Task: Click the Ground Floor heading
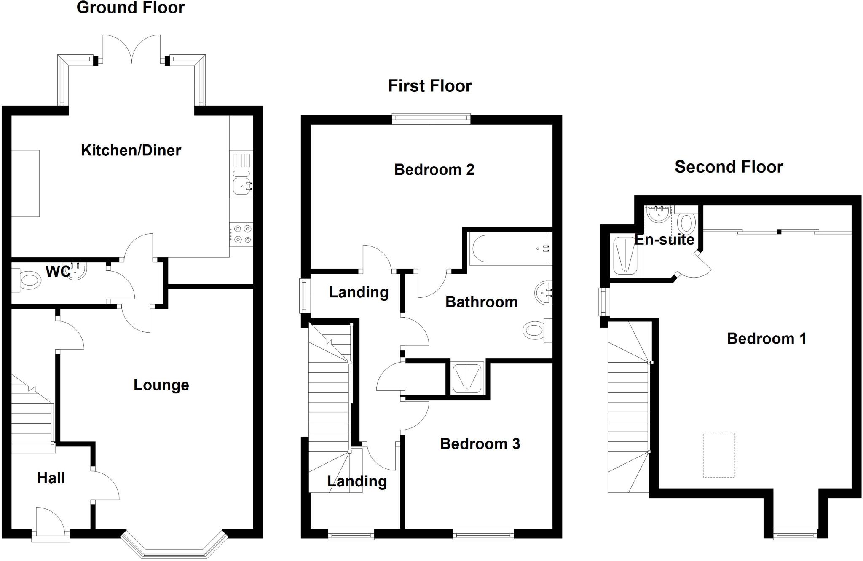click(x=131, y=8)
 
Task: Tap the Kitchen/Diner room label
click(x=131, y=150)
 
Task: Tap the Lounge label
click(x=161, y=385)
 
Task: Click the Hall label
click(x=51, y=478)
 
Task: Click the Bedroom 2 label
click(x=434, y=170)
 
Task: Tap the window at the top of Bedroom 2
click(x=431, y=119)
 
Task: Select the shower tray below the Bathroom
click(x=467, y=377)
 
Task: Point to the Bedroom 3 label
click(x=480, y=444)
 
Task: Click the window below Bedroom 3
click(x=483, y=535)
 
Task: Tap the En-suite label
click(x=665, y=240)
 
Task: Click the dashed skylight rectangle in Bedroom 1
click(x=719, y=455)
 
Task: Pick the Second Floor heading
click(x=729, y=167)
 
